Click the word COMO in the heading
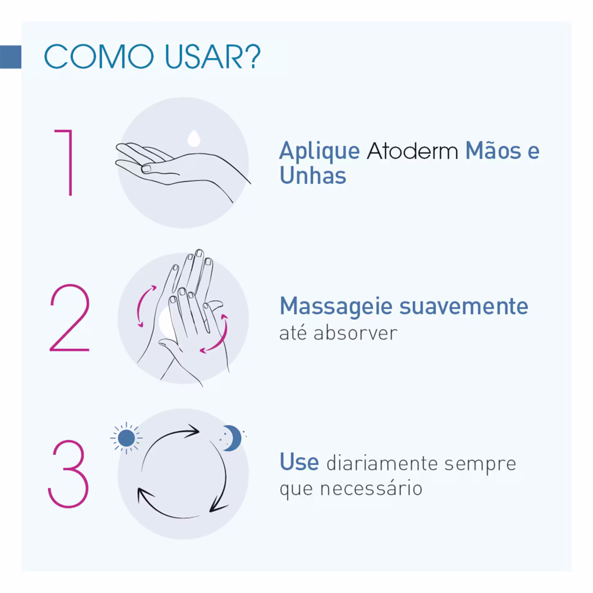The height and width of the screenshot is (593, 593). click(x=99, y=57)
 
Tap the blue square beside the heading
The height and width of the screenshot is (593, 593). click(x=11, y=57)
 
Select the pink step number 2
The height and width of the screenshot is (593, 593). click(x=70, y=318)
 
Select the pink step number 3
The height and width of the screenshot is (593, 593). click(x=68, y=474)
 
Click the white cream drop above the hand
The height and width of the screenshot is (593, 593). click(x=194, y=138)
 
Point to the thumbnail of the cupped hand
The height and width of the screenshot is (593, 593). click(x=146, y=168)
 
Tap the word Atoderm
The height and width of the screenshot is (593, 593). click(x=412, y=151)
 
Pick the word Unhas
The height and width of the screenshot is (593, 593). click(x=313, y=175)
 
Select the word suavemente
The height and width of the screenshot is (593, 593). click(x=464, y=306)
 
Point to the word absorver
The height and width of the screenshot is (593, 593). click(x=355, y=333)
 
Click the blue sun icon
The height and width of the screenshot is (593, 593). click(x=126, y=438)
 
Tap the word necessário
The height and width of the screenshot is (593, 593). click(x=371, y=489)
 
